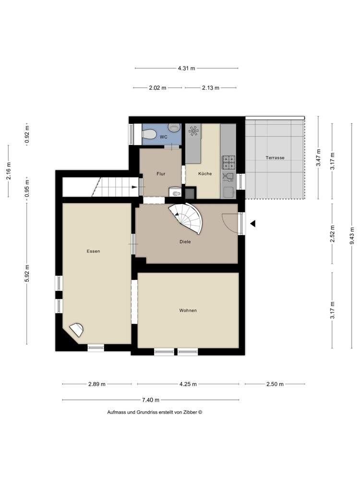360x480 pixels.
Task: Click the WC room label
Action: pyautogui.click(x=163, y=137)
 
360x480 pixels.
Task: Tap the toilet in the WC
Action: pyautogui.click(x=174, y=127)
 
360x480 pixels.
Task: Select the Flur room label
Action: pyautogui.click(x=161, y=174)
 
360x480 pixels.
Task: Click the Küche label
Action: pyautogui.click(x=205, y=174)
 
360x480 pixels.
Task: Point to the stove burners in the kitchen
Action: pyautogui.click(x=228, y=162)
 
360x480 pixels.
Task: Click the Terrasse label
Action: pyautogui.click(x=275, y=157)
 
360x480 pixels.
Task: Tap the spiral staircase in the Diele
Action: pyautogui.click(x=188, y=216)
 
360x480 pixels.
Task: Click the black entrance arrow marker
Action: pyautogui.click(x=252, y=223)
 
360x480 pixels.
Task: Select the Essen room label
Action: pyautogui.click(x=93, y=251)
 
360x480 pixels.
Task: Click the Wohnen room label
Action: pyautogui.click(x=188, y=311)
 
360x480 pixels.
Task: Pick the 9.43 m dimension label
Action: pyautogui.click(x=351, y=236)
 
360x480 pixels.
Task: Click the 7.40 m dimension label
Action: pyautogui.click(x=151, y=400)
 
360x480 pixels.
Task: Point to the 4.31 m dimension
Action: pyautogui.click(x=186, y=68)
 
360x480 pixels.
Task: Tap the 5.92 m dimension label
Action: pyautogui.click(x=27, y=274)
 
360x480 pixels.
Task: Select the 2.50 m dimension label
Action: pyautogui.click(x=275, y=384)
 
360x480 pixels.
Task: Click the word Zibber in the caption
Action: pyautogui.click(x=190, y=412)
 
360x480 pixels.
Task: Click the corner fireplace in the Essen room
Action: pyautogui.click(x=77, y=330)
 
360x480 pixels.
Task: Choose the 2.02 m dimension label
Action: pyautogui.click(x=157, y=88)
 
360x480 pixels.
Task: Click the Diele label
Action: pyautogui.click(x=185, y=242)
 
